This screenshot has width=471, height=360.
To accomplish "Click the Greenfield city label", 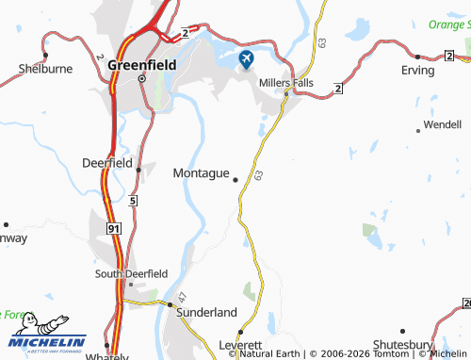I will pos(141,65).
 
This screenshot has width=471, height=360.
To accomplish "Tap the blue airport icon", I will pos(247,60).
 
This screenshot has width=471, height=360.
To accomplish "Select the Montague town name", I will pos(202,173).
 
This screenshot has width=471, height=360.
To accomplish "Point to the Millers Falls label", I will pos(285,82).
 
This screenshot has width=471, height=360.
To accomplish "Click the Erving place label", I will pos(417,70).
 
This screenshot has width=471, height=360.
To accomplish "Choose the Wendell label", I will pos(442,123).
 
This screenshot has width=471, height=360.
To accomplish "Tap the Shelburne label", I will pos(45,69).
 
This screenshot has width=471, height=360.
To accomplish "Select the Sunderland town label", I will pos(203,311).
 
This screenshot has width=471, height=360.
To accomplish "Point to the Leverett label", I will pos(238,345).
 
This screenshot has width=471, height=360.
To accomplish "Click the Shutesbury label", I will pos(403,345).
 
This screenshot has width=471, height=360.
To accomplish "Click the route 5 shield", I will pos(133,201).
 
